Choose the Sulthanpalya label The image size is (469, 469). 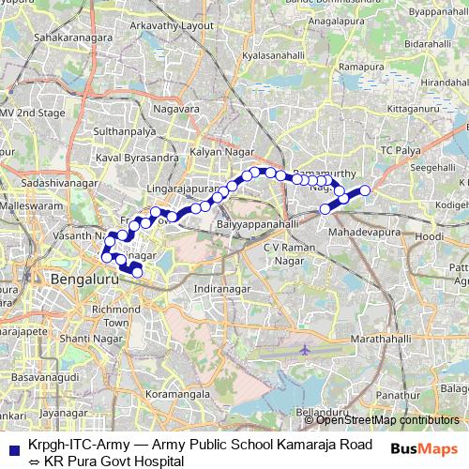coord(124,132)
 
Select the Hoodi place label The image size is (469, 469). coord(429,237)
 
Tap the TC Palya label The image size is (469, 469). coord(401,150)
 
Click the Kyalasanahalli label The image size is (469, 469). coord(274,56)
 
